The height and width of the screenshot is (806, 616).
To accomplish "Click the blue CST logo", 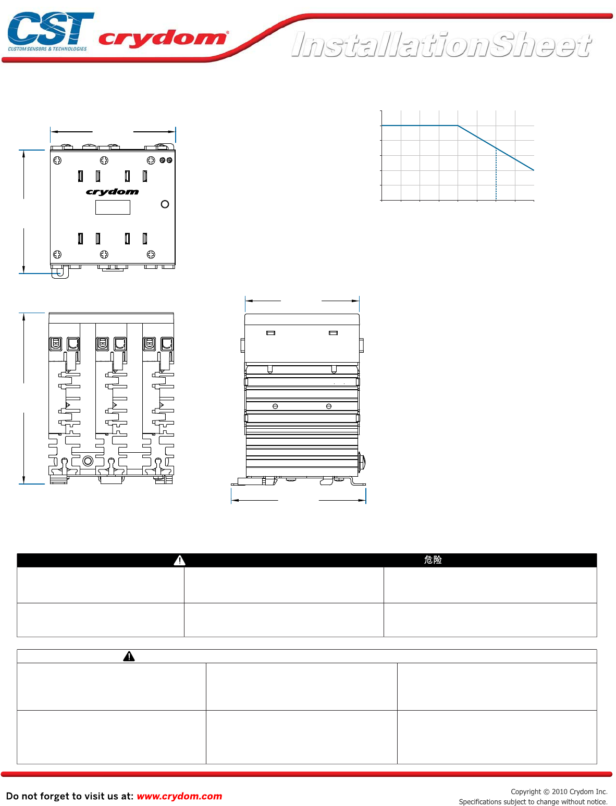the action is (51, 28).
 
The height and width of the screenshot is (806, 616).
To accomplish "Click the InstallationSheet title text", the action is (441, 45).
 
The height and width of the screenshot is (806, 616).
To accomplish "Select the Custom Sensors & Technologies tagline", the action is (47, 49).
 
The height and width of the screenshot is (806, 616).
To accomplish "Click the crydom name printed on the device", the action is (113, 192).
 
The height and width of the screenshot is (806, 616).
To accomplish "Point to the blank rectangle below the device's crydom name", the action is (113, 207).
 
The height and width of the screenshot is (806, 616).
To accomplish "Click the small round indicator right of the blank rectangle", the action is (165, 204).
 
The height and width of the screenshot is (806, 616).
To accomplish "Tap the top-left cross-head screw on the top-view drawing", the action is (57, 160).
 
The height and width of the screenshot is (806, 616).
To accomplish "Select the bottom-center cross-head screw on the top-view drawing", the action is (104, 254).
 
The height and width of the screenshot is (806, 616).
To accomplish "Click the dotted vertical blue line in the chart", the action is (496, 175).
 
